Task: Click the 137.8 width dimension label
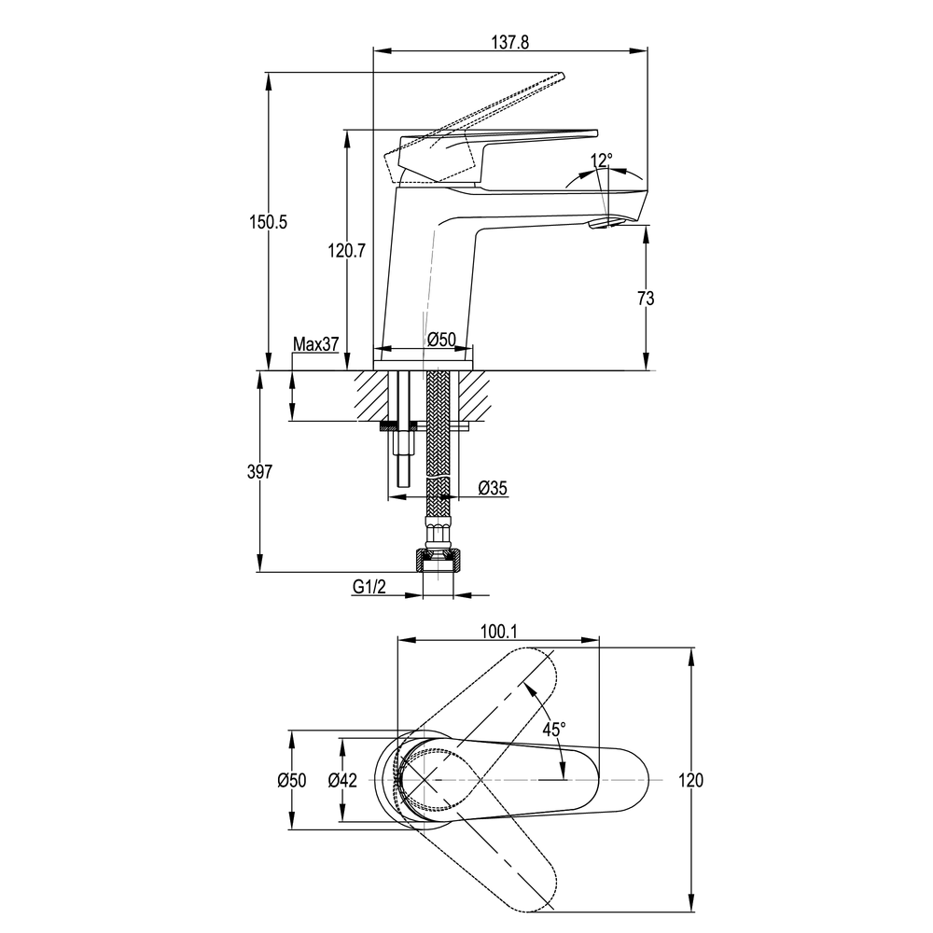click(x=510, y=42)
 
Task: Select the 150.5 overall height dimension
click(x=268, y=222)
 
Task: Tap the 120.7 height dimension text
click(x=346, y=250)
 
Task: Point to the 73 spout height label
click(x=646, y=298)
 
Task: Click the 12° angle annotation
click(x=601, y=160)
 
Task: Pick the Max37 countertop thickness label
click(x=316, y=343)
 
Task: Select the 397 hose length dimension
click(x=260, y=471)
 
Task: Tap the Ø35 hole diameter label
click(x=493, y=488)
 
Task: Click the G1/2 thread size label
click(x=369, y=587)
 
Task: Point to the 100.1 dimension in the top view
click(x=498, y=632)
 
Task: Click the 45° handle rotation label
click(x=554, y=729)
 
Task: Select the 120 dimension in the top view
click(x=690, y=779)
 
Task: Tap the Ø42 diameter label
click(x=342, y=779)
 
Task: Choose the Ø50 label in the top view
click(x=291, y=779)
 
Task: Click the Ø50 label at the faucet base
click(x=441, y=340)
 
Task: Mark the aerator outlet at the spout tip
click(x=606, y=223)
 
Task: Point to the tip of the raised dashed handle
click(x=561, y=75)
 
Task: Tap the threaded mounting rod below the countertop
click(x=403, y=461)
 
